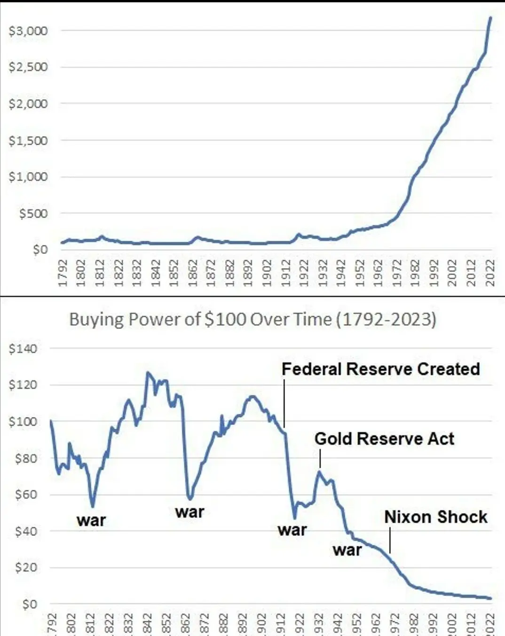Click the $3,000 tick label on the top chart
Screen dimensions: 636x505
pyautogui.click(x=29, y=31)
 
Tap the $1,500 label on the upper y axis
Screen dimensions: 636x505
pyautogui.click(x=29, y=141)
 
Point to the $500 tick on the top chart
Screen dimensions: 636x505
pyautogui.click(x=33, y=214)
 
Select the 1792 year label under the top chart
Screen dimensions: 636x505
pyautogui.click(x=63, y=272)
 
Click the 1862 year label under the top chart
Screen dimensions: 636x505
pyautogui.click(x=193, y=272)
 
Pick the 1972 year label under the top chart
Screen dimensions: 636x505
pyautogui.click(x=397, y=272)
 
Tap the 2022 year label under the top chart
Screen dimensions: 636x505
pyautogui.click(x=490, y=272)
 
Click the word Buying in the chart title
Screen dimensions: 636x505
pyautogui.click(x=96, y=320)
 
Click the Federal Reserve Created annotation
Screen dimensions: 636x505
pyautogui.click(x=380, y=369)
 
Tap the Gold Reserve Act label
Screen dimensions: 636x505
pyautogui.click(x=384, y=439)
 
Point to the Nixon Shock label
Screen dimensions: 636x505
pyautogui.click(x=435, y=517)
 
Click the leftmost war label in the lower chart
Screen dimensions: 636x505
pyautogui.click(x=91, y=521)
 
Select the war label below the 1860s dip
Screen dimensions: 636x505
pyautogui.click(x=189, y=512)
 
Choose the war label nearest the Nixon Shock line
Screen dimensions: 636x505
pyautogui.click(x=347, y=550)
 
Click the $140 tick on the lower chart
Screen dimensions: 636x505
pyautogui.click(x=23, y=349)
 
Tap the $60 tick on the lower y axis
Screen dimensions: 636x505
pyautogui.click(x=26, y=495)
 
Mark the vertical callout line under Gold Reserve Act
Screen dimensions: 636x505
pyautogui.click(x=320, y=459)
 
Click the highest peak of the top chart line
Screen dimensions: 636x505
pyautogui.click(x=491, y=17)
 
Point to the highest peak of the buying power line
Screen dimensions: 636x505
pyautogui.click(x=148, y=373)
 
